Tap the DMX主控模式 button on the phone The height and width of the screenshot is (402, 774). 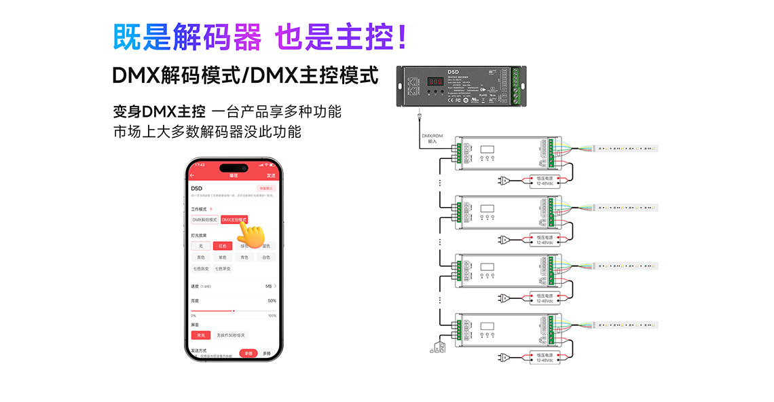(234, 220)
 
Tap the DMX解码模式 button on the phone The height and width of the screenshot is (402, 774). (205, 220)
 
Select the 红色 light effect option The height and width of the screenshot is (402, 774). (222, 246)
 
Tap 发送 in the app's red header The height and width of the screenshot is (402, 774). (271, 175)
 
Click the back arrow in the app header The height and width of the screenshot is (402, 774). (192, 175)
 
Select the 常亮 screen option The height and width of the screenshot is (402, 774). (201, 335)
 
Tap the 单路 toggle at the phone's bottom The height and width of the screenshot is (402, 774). (248, 353)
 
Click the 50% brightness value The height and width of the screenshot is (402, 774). (272, 300)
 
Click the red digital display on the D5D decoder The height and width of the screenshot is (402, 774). (436, 80)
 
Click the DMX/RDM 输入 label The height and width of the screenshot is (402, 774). (432, 138)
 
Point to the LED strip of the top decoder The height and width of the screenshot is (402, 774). (625, 148)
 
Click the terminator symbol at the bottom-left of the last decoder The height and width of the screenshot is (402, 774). (438, 348)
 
